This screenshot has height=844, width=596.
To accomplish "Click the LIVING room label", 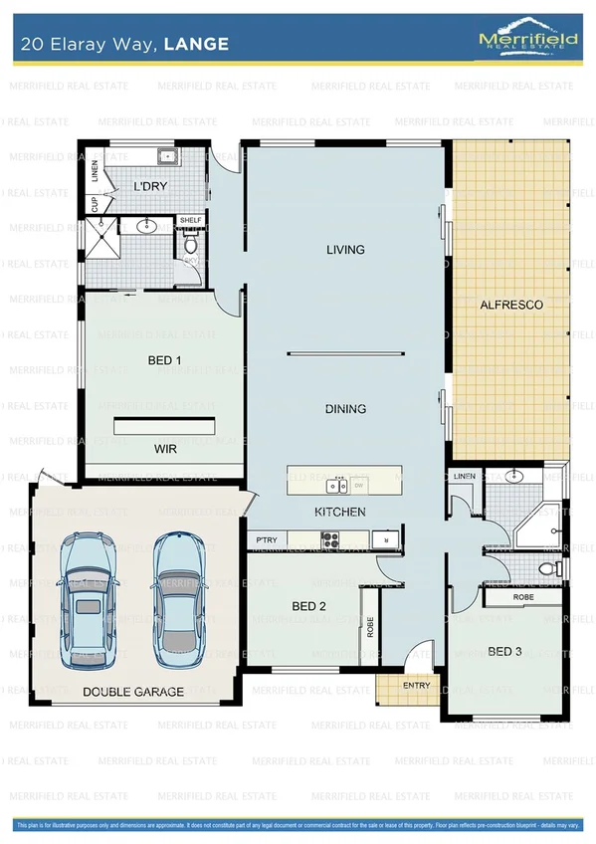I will coord(345,250).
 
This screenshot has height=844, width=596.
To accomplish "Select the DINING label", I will coord(345,409).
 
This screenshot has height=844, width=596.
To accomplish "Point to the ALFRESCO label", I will coord(511,305).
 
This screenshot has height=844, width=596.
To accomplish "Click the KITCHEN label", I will coord(340,512).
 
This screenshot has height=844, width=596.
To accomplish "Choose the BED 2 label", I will coord(308,606).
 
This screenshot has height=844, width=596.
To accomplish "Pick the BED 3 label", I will coord(504,652).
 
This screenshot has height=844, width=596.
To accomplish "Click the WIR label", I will coord(165,450).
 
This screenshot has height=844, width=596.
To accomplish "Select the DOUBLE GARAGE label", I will coord(132,692).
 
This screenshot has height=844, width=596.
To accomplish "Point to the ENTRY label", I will coord(416,686).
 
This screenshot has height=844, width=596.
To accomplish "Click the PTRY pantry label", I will coord(266,539).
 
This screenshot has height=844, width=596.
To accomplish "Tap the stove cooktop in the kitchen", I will coord(329,540).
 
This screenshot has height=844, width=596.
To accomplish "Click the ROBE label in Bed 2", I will coord(369,627).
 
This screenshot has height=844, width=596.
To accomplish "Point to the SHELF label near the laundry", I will coord(189,220).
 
